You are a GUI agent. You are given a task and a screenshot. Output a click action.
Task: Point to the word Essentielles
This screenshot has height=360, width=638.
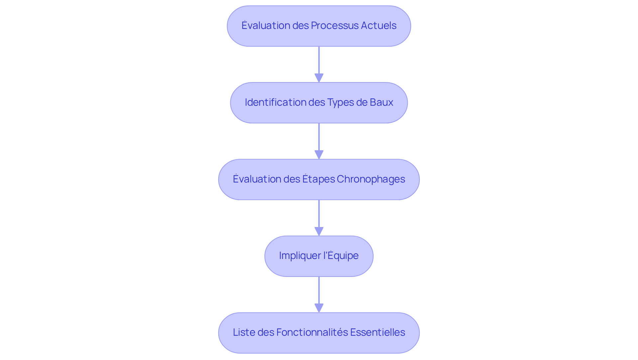(377, 332)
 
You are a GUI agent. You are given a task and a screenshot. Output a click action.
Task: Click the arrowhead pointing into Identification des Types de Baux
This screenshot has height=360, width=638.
(319, 78)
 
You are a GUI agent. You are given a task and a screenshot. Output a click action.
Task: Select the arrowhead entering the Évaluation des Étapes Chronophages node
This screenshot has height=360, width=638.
(319, 155)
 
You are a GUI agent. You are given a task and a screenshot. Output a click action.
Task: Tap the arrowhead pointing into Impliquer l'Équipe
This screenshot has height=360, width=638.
(319, 232)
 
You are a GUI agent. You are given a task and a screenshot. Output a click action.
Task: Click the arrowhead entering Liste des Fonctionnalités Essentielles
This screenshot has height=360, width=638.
(319, 308)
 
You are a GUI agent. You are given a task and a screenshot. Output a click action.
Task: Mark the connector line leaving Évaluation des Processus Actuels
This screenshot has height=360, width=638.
(319, 60)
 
